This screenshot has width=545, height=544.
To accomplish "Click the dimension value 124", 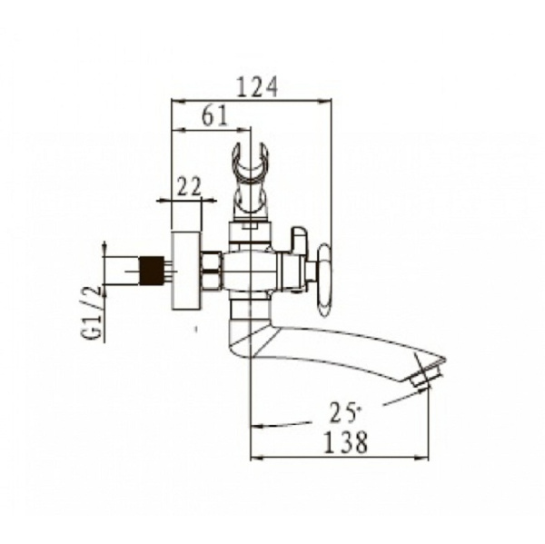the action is pos(257,86).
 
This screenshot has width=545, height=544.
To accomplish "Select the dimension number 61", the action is pos(214,115).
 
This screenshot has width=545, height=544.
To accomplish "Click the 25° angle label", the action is pos(343,412).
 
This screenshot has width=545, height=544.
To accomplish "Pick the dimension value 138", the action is pos(345,441).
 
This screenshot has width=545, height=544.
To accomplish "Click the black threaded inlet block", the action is pos(152,270).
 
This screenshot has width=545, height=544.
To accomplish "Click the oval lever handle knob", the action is pos(324,280).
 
